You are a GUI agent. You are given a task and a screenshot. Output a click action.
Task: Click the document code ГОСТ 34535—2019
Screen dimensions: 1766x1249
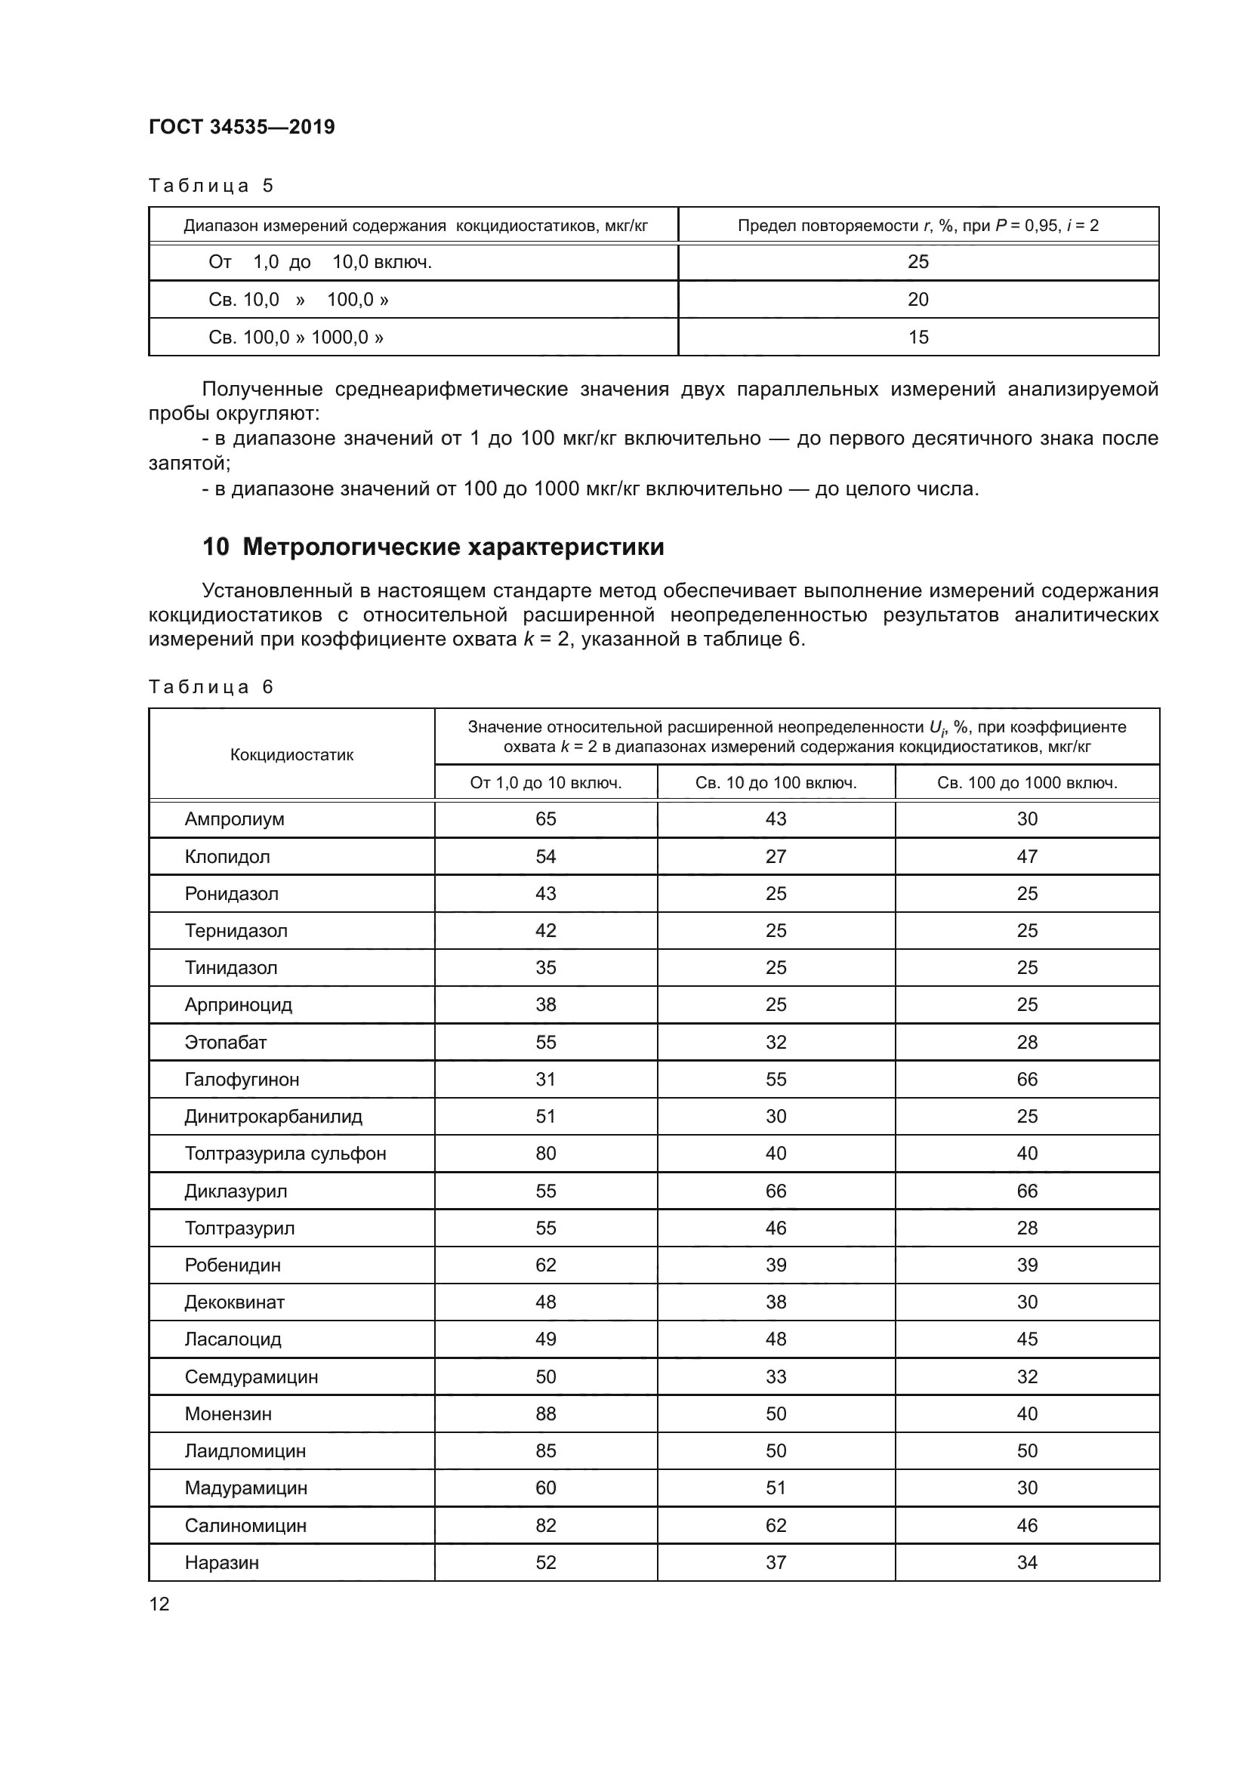click(242, 127)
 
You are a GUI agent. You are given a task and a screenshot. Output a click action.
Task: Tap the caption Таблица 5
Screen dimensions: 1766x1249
click(211, 186)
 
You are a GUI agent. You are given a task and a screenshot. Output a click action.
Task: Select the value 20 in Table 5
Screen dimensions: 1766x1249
click(917, 299)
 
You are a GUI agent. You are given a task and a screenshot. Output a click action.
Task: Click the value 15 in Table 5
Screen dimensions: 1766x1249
click(917, 337)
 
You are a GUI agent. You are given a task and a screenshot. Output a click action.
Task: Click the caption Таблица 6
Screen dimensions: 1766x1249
click(211, 687)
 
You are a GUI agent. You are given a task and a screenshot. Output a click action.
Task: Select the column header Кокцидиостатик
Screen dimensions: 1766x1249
click(291, 754)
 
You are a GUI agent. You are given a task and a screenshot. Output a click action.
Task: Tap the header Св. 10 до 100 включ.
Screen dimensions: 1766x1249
click(776, 783)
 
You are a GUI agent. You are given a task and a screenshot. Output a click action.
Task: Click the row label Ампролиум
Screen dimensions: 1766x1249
click(234, 819)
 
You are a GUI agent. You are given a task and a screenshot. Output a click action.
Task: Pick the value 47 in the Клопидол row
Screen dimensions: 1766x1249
click(1027, 857)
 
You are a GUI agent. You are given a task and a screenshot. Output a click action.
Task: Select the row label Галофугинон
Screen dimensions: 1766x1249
click(242, 1080)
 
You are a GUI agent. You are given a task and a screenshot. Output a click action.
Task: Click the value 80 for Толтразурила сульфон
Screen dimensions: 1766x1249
click(545, 1154)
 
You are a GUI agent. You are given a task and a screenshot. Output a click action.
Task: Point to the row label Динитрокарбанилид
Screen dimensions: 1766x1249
click(273, 1117)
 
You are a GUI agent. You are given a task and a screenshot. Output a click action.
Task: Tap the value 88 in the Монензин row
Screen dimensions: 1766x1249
click(545, 1413)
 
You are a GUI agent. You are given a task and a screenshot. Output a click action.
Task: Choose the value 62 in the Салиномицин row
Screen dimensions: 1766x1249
click(776, 1525)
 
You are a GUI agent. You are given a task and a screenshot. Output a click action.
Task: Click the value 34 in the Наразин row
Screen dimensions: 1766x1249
click(1027, 1562)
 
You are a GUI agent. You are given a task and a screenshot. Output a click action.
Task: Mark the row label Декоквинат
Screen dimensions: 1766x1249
click(234, 1302)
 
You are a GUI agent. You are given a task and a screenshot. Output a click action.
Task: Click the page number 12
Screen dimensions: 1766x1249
click(159, 1604)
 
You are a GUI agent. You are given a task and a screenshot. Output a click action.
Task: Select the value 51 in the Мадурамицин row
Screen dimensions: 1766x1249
click(776, 1487)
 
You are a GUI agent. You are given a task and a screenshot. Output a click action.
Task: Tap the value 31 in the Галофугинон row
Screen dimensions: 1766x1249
click(545, 1080)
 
